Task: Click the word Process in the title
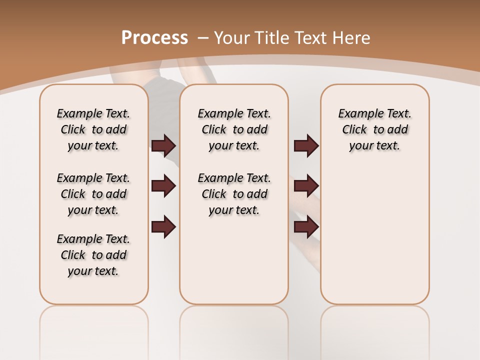(154, 37)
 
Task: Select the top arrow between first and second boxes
(163, 146)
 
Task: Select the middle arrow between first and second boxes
(163, 186)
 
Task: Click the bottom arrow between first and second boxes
(163, 227)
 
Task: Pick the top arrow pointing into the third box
(306, 146)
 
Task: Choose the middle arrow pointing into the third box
(306, 186)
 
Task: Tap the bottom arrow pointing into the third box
(306, 227)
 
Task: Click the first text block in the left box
(93, 129)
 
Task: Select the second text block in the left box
(93, 194)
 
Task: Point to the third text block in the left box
(93, 255)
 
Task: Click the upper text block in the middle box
(234, 129)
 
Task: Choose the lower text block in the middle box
(234, 194)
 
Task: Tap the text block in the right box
(374, 129)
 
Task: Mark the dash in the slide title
(203, 37)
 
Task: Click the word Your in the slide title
(232, 37)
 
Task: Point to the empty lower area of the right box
(374, 235)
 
